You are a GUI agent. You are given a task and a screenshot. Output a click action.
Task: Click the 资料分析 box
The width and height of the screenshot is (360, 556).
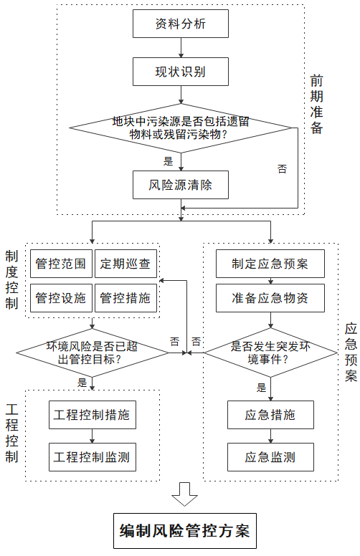[180, 24]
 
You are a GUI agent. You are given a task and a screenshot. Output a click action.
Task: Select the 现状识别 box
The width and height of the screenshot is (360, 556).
[180, 72]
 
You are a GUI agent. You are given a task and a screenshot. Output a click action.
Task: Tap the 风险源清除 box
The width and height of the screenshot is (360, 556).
[180, 185]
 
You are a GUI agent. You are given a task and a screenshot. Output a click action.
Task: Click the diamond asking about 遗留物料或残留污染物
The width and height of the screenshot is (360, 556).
[180, 128]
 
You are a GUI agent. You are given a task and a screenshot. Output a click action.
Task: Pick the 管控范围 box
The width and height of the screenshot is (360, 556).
[61, 264]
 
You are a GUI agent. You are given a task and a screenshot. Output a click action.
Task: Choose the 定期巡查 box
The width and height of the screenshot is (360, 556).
[125, 264]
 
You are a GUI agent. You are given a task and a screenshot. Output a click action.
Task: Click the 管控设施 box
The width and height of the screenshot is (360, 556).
[61, 298]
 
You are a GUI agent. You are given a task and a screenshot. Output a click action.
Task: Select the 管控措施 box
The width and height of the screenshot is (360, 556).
[125, 298]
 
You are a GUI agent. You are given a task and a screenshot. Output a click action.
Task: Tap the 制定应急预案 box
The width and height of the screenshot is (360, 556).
[270, 264]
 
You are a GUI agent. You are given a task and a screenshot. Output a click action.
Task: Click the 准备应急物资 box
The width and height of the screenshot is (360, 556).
[270, 298]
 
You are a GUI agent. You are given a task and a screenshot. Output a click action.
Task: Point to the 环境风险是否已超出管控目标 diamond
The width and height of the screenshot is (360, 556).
[93, 353]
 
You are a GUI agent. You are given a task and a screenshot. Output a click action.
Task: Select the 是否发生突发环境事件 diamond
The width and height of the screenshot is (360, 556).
[270, 353]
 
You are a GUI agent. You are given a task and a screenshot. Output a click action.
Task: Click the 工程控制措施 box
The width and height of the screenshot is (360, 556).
[93, 415]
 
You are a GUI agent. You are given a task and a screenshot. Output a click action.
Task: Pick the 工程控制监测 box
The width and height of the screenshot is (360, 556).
[93, 457]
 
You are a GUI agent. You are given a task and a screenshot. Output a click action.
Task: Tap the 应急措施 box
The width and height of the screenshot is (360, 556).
[270, 415]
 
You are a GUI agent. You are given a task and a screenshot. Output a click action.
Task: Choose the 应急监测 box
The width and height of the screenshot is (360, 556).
[270, 457]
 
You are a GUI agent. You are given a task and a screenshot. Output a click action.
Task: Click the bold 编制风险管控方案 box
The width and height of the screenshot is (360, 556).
[184, 531]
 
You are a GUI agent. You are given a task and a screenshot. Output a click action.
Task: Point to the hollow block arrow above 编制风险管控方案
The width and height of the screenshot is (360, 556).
[184, 494]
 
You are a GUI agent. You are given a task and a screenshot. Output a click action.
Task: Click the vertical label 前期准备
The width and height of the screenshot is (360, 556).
[316, 105]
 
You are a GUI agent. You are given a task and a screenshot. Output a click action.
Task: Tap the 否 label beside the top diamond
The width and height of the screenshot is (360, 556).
[282, 169]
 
